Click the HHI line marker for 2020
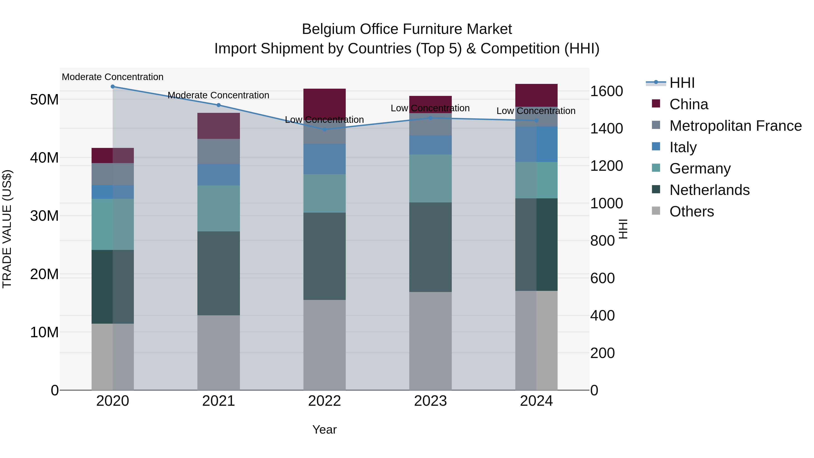(x=113, y=87)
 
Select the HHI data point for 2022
(x=324, y=129)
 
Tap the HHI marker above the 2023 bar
(x=430, y=118)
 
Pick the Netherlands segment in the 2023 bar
(x=430, y=247)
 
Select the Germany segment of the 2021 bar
(x=218, y=208)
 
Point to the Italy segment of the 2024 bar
(x=536, y=144)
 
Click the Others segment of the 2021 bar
(x=218, y=352)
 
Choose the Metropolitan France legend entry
(x=735, y=126)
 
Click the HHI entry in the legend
(x=682, y=83)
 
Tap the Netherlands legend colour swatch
(x=656, y=190)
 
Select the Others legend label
(x=692, y=211)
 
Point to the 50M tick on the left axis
(x=44, y=100)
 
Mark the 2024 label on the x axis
(x=536, y=401)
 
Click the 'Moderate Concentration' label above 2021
(x=218, y=95)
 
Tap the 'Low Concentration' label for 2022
(x=324, y=120)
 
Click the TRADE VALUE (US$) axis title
(x=7, y=229)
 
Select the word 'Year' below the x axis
(x=324, y=430)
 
